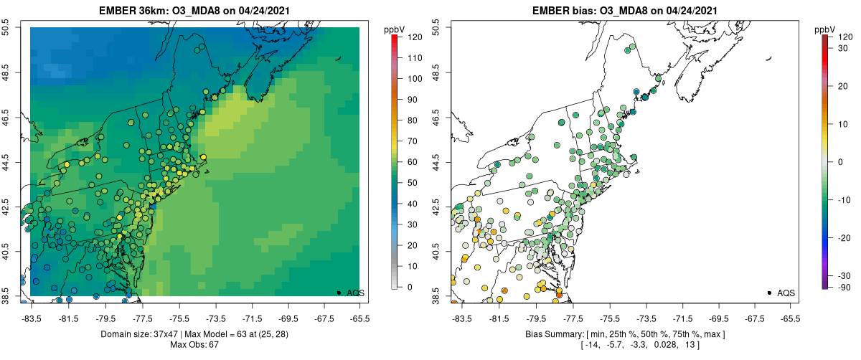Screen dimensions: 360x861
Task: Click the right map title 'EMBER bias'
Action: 571,11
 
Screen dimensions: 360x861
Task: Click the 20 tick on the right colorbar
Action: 844,85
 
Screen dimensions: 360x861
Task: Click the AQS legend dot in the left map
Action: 339,293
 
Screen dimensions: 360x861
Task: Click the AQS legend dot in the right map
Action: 769,293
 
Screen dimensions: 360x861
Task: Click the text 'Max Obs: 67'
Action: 194,345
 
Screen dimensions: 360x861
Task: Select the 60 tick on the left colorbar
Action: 413,161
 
